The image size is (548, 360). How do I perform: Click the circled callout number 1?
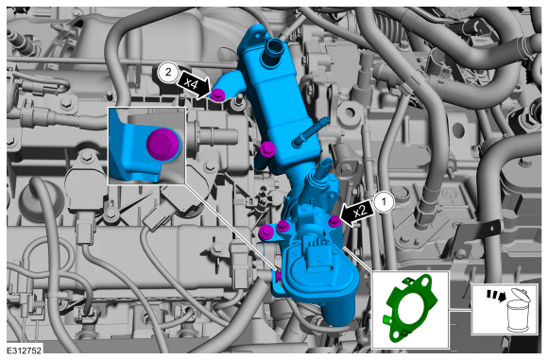coord(385,202)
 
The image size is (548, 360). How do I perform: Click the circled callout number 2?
coord(168,73)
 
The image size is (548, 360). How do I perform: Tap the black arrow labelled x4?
coord(194,85)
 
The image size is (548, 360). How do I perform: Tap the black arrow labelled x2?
coord(357,213)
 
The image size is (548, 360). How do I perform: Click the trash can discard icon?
coord(519,310)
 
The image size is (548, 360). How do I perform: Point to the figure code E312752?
coord(24,351)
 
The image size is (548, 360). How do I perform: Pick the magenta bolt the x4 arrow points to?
coord(217,94)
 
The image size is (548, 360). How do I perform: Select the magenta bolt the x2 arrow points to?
coord(334,221)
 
